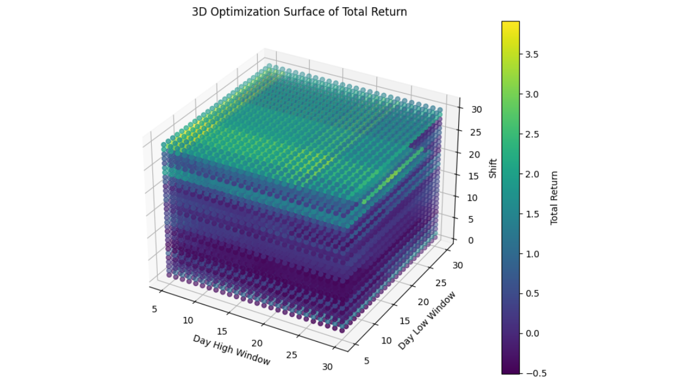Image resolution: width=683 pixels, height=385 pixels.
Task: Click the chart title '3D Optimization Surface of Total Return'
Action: (x=299, y=12)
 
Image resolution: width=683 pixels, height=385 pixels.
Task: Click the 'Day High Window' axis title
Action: (x=231, y=350)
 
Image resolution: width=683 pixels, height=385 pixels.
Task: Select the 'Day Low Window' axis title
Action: (x=427, y=320)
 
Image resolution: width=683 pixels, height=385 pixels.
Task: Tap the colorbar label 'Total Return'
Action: (x=555, y=198)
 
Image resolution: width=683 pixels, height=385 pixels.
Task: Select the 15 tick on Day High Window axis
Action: (x=222, y=332)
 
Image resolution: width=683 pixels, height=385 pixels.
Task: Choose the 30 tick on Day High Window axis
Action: (x=328, y=367)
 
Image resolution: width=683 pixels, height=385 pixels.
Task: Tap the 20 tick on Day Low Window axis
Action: (x=422, y=301)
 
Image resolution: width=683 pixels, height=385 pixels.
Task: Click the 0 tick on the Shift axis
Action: (x=471, y=240)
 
